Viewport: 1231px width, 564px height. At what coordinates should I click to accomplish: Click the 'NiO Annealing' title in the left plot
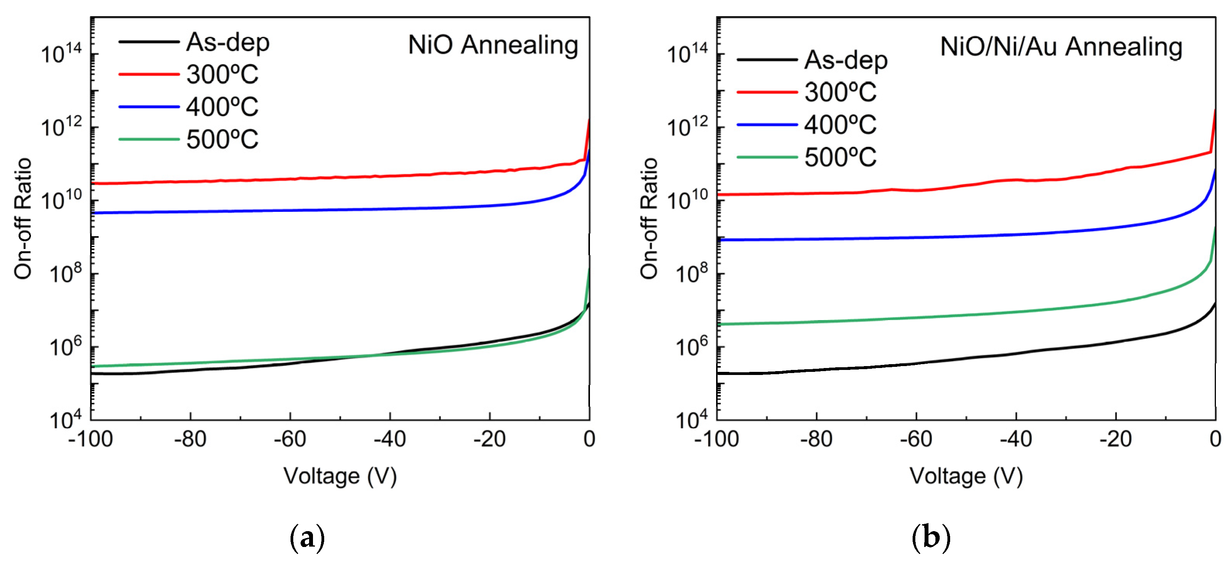pyautogui.click(x=493, y=45)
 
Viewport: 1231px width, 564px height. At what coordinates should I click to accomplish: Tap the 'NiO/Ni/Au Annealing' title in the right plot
pyautogui.click(x=1061, y=47)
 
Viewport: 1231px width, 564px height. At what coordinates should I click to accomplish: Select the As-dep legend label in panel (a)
pyautogui.click(x=227, y=43)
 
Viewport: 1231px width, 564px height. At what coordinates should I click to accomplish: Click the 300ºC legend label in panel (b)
pyautogui.click(x=840, y=92)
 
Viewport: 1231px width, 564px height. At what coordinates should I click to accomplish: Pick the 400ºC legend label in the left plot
pyautogui.click(x=222, y=107)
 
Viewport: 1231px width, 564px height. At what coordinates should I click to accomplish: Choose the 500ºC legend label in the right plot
pyautogui.click(x=840, y=157)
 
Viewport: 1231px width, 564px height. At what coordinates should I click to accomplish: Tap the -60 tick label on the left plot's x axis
pyautogui.click(x=290, y=439)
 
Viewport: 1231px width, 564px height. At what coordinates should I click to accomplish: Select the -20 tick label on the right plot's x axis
pyautogui.click(x=1115, y=439)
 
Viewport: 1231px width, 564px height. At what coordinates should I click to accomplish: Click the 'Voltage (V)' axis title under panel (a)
pyautogui.click(x=340, y=476)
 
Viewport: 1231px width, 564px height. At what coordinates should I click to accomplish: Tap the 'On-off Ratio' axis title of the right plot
pyautogui.click(x=649, y=218)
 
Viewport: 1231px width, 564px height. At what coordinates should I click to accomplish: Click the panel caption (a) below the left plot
pyautogui.click(x=307, y=538)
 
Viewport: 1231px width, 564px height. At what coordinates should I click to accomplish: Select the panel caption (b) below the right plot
pyautogui.click(x=931, y=538)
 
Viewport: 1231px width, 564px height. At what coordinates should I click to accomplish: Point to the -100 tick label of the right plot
pyautogui.click(x=716, y=439)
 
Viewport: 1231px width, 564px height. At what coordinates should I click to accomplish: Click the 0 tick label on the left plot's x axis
pyautogui.click(x=589, y=439)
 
